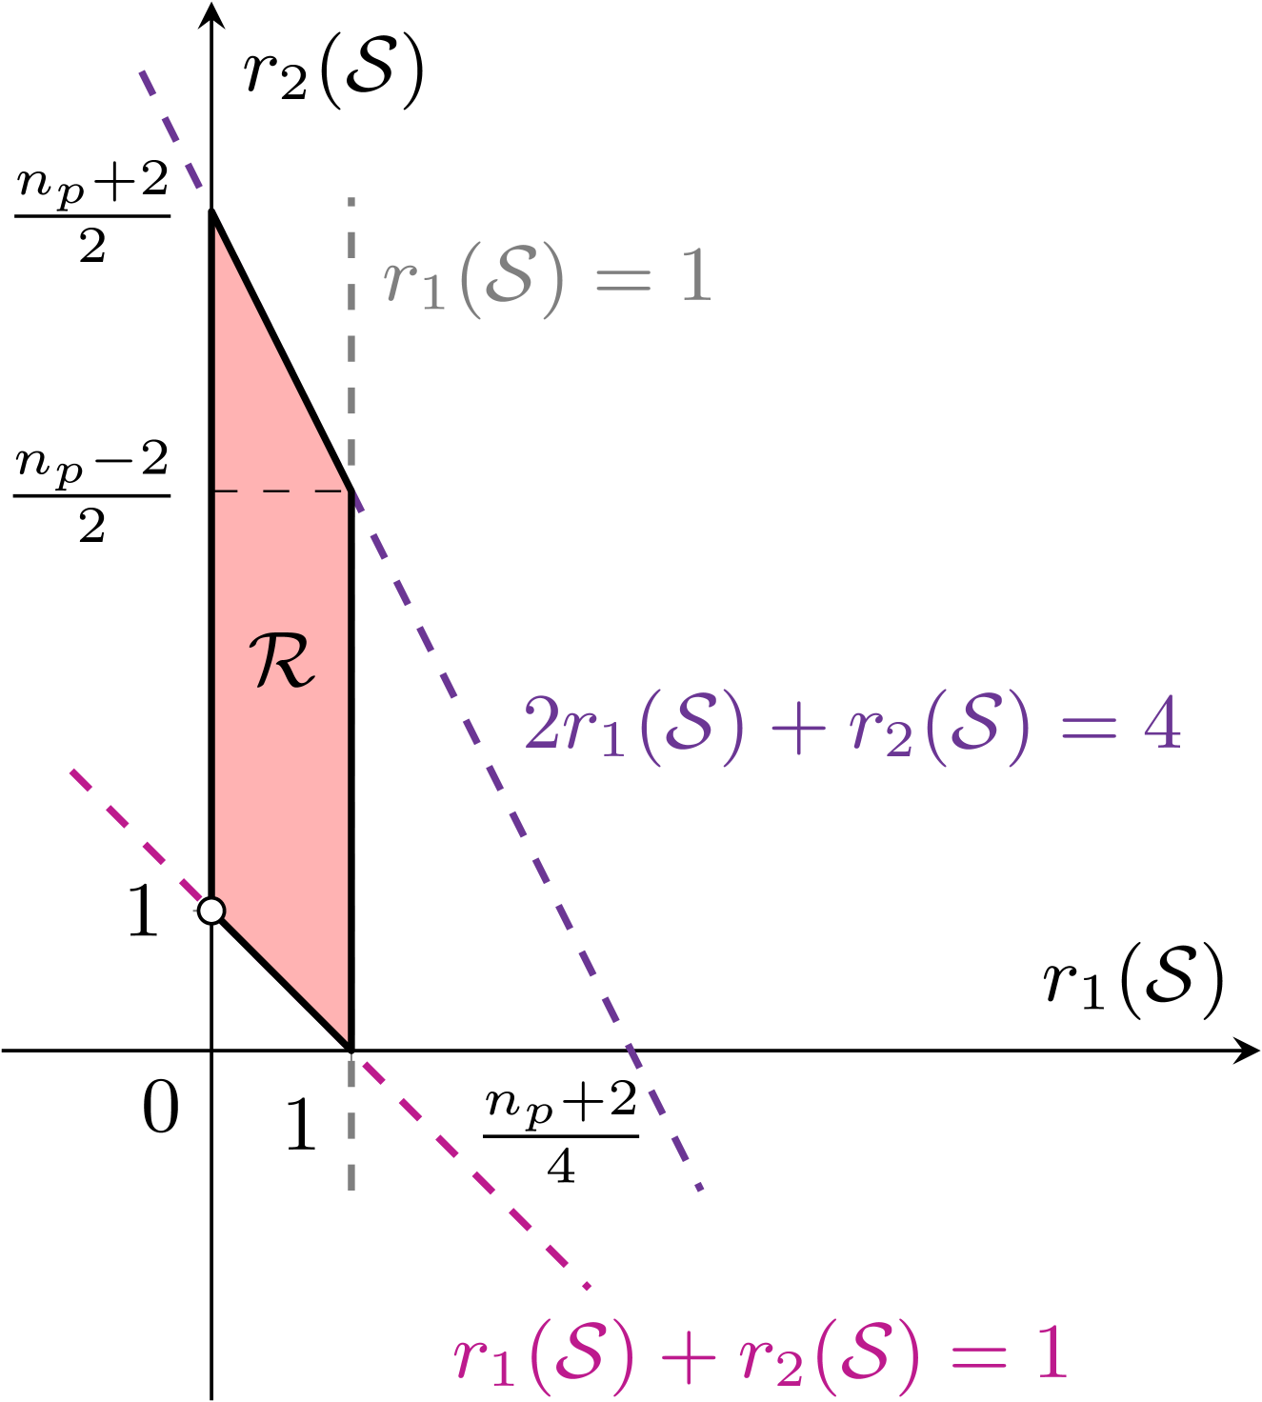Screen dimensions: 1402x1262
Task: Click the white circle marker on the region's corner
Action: [x=211, y=911]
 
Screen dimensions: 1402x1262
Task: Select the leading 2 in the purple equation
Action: [x=543, y=726]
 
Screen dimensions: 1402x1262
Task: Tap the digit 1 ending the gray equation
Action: [x=696, y=278]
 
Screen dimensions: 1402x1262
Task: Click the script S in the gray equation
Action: [x=509, y=276]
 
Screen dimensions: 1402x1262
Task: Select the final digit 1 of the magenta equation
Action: [x=1052, y=1352]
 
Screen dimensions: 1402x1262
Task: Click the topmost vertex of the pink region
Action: [x=215, y=221]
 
